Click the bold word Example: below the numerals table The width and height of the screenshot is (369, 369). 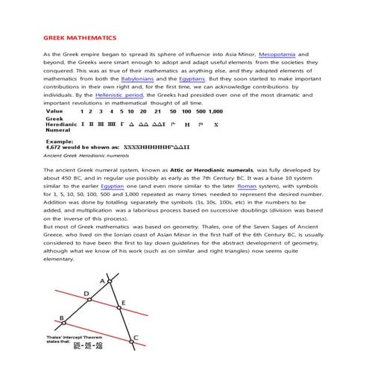pyautogui.click(x=60, y=141)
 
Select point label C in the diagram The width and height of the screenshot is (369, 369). pyautogui.click(x=135, y=338)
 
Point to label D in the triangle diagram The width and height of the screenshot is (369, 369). pyautogui.click(x=87, y=294)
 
